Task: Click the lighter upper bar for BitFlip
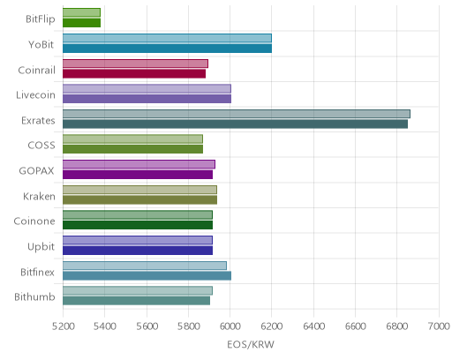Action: (x=81, y=12)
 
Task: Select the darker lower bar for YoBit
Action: (x=167, y=49)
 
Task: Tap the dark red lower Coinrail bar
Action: (x=134, y=73)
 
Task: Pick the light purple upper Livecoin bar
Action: (x=147, y=88)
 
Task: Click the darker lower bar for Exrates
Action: (x=235, y=124)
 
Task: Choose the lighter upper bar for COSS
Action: (x=132, y=139)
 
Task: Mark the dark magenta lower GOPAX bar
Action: (x=138, y=175)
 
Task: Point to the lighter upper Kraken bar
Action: (x=139, y=190)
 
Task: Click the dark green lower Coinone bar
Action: (x=138, y=225)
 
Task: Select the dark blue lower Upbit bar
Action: (x=138, y=251)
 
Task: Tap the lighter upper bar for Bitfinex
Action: (x=145, y=266)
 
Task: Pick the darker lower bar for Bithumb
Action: (x=136, y=301)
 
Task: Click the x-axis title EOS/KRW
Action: (x=251, y=344)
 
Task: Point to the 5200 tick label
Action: (x=63, y=326)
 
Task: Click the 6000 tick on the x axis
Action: (x=230, y=326)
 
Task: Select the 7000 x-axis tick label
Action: (x=439, y=326)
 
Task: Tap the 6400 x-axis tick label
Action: (x=313, y=326)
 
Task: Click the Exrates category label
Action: (x=38, y=121)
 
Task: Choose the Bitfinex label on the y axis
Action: (x=37, y=272)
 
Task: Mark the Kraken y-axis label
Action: (x=39, y=196)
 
